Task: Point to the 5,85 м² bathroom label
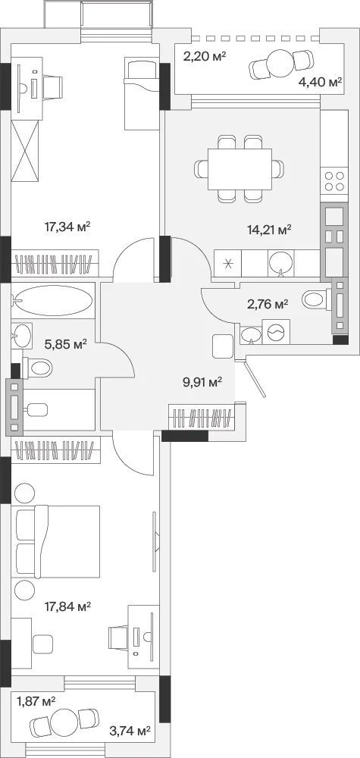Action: (x=66, y=344)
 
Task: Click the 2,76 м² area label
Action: (x=268, y=304)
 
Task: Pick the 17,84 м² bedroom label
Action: (x=68, y=606)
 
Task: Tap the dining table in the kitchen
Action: (x=239, y=169)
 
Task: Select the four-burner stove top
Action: (x=334, y=181)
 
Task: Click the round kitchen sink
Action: (x=280, y=264)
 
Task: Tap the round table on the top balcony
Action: (x=280, y=63)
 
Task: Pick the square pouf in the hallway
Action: (x=223, y=346)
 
